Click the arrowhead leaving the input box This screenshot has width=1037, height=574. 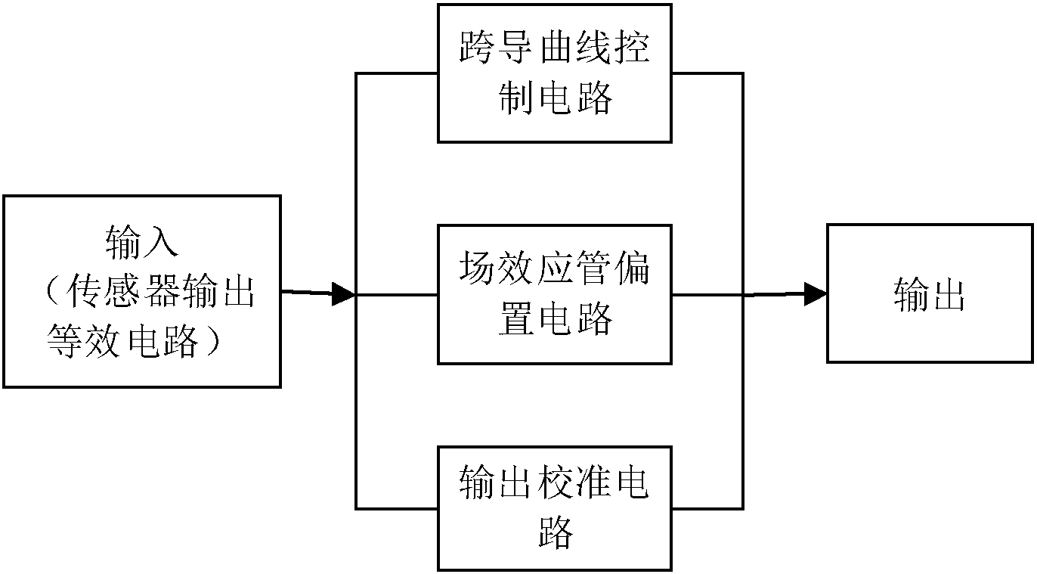point(343,294)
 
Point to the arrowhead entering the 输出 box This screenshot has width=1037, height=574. point(815,294)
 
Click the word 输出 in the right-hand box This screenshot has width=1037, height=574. point(929,295)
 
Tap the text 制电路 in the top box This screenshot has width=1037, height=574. point(555,98)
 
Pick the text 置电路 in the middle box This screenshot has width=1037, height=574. point(555,318)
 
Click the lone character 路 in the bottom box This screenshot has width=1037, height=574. point(555,533)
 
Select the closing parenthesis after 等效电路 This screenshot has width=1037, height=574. point(216,341)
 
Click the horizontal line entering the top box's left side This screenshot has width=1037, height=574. point(397,73)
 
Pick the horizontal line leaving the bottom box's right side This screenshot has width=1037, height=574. point(707,507)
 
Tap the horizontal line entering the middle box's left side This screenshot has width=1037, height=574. point(397,295)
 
